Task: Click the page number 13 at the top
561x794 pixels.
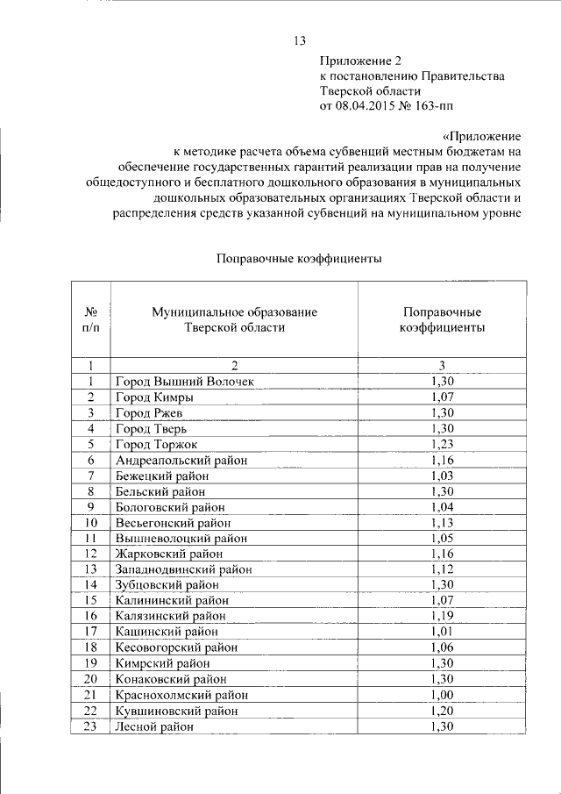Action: pyautogui.click(x=299, y=41)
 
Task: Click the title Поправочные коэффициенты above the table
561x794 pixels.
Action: pyautogui.click(x=298, y=259)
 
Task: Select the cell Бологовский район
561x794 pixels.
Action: pyautogui.click(x=170, y=507)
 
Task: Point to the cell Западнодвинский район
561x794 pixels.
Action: pyautogui.click(x=183, y=569)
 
